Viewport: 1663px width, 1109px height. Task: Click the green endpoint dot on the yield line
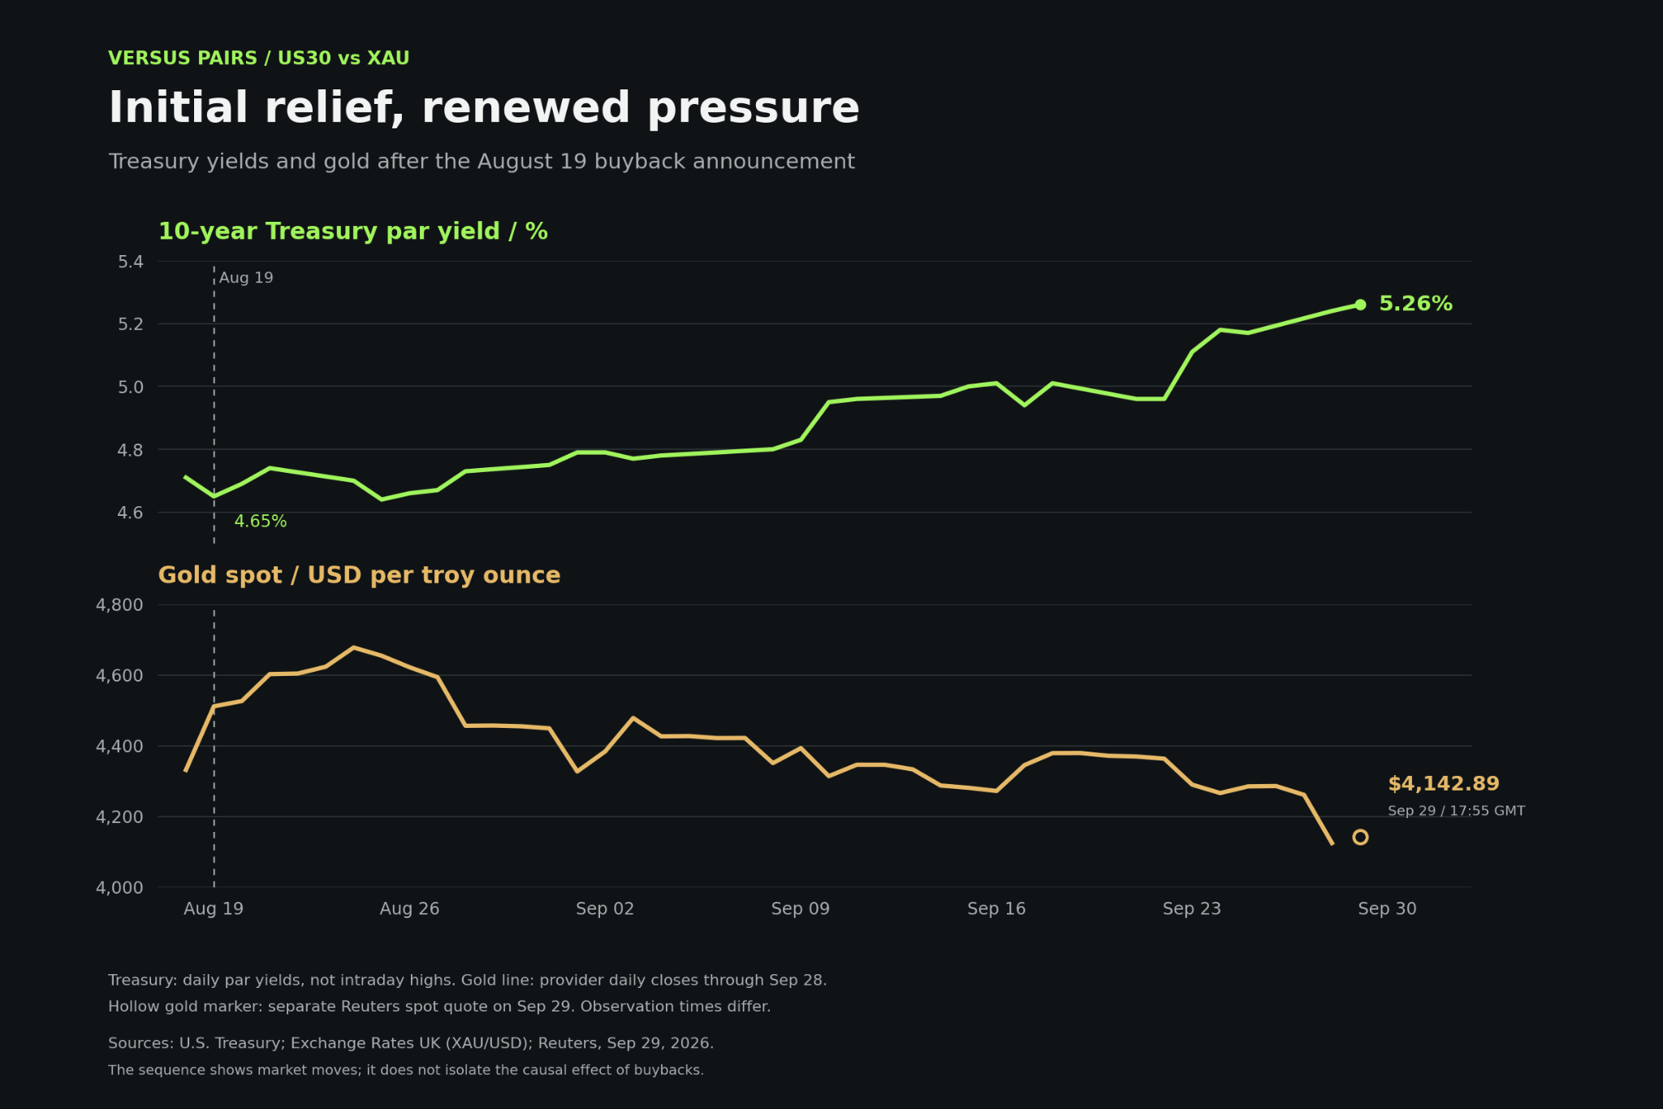click(1360, 305)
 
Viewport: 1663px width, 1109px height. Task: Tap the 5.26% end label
click(1415, 304)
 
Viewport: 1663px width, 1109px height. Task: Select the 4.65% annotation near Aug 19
click(260, 522)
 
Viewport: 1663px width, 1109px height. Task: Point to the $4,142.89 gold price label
click(1443, 784)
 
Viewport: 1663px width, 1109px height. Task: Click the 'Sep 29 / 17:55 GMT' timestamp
click(1456, 811)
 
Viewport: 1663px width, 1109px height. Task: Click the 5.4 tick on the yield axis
click(131, 262)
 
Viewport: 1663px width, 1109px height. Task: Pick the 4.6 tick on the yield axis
click(131, 513)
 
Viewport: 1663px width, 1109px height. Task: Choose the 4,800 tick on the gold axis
click(119, 604)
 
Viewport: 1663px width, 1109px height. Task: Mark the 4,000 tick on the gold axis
click(119, 887)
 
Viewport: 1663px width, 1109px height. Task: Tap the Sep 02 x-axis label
click(605, 908)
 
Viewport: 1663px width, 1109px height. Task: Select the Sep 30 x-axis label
click(1387, 908)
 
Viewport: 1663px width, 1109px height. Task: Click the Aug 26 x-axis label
click(409, 908)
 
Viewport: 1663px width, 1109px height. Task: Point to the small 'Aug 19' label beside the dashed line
click(246, 278)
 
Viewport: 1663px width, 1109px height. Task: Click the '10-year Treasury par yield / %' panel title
click(352, 232)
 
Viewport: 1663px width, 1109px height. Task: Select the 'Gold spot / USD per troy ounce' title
click(359, 575)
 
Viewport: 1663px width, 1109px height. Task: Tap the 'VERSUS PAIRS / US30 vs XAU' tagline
click(259, 58)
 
